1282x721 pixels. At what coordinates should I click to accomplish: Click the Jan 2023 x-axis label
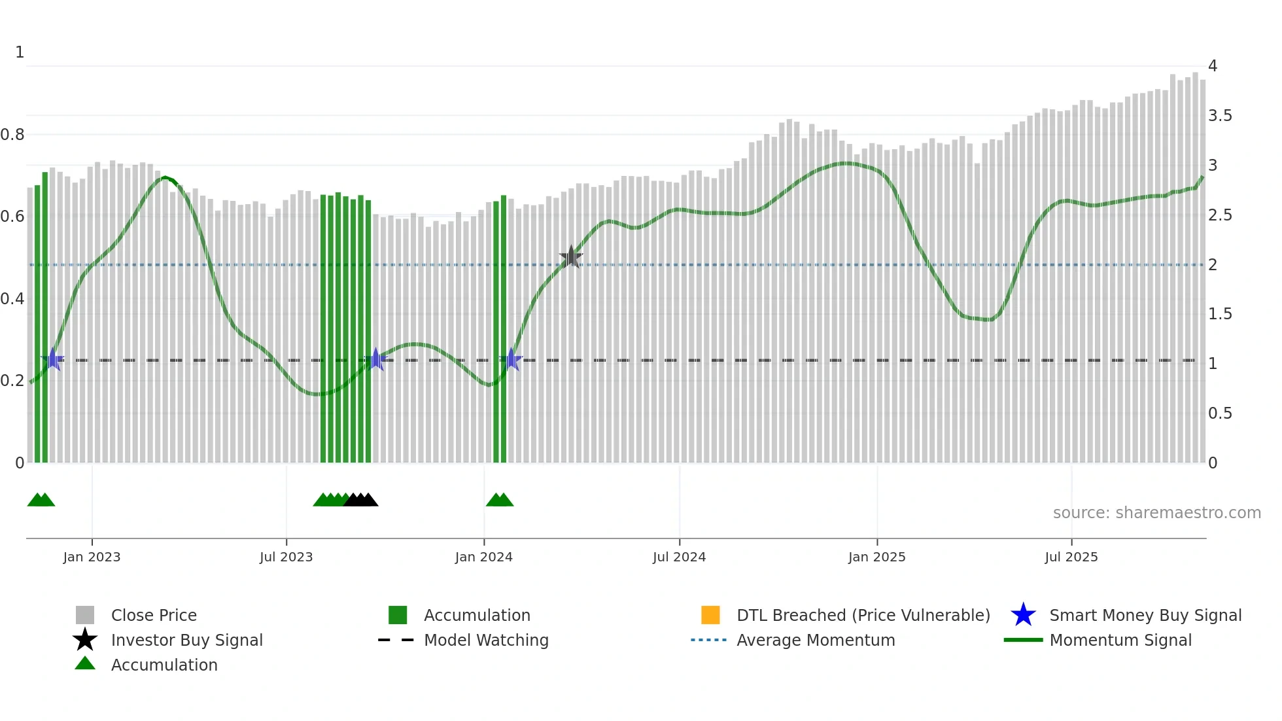tap(92, 557)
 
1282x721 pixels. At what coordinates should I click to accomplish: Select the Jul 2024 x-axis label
tap(679, 557)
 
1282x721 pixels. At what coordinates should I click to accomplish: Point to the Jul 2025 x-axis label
tap(1071, 557)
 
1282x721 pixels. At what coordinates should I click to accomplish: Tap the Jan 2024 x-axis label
tap(483, 557)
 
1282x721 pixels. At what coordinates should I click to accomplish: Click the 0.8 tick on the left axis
tap(12, 135)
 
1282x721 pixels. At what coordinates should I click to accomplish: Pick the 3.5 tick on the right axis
tap(1220, 116)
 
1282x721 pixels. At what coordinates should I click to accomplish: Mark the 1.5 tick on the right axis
tap(1220, 314)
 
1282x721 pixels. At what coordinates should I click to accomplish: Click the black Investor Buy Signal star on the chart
tap(571, 257)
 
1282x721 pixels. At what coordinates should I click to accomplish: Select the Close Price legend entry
tap(154, 615)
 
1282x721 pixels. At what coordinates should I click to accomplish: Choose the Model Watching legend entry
tap(486, 640)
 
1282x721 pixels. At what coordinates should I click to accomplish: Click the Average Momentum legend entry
tap(816, 640)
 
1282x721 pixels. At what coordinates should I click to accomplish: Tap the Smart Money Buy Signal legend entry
tap(1145, 615)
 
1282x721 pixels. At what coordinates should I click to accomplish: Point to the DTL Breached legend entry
tap(863, 615)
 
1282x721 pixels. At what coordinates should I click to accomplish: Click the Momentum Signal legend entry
tap(1120, 640)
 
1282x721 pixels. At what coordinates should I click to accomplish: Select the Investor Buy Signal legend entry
tap(186, 640)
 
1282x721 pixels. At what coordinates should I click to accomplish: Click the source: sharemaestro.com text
tap(1156, 513)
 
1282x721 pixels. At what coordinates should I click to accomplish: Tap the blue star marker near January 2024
tap(511, 360)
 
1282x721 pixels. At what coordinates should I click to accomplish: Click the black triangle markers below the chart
tap(361, 500)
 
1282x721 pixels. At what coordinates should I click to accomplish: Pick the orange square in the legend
tap(710, 615)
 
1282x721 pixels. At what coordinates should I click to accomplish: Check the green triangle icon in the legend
tap(85, 663)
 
